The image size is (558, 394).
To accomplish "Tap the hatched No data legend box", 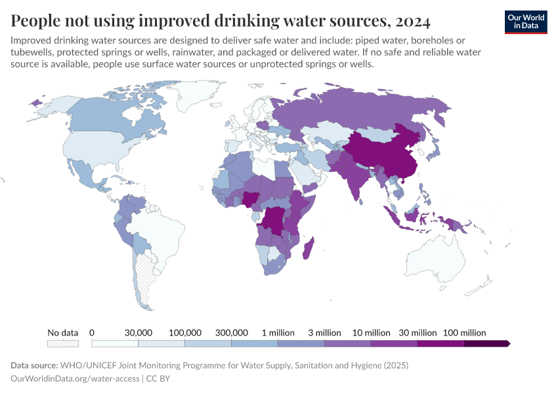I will coord(63,343).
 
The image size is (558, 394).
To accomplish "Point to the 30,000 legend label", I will coord(139,333).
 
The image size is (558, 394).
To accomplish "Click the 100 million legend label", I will coord(464,333).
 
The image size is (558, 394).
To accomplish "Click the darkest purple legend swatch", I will coord(486,343).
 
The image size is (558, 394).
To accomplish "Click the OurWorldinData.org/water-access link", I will coord(75,379).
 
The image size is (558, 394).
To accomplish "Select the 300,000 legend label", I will coord(231,333).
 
